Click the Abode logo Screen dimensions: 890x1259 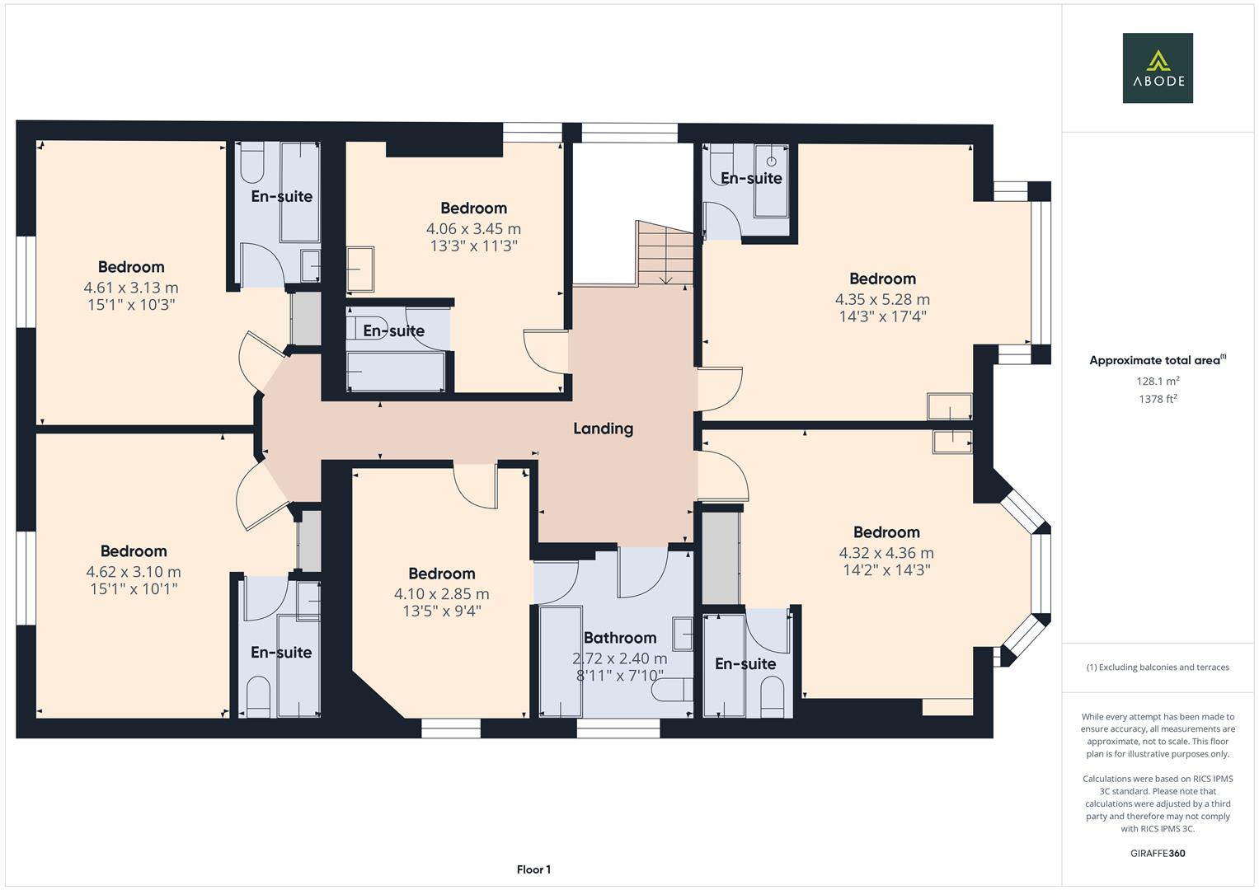pos(1157,68)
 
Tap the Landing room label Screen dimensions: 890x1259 pos(603,429)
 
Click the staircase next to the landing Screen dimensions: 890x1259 pos(665,253)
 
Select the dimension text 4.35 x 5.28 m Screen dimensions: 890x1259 pos(882,300)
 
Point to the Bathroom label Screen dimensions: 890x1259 pos(620,638)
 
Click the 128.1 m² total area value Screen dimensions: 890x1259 pos(1157,382)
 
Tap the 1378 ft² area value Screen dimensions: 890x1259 pos(1157,399)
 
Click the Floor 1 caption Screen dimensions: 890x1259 pos(533,869)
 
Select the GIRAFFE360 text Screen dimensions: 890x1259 pos(1157,853)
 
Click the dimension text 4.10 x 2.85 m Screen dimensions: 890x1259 pos(441,594)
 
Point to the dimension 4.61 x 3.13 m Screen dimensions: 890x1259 pos(131,288)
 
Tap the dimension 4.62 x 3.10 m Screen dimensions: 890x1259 pos(134,572)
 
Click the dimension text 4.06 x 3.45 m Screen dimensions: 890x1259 pos(473,229)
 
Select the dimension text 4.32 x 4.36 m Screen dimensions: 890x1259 pos(886,553)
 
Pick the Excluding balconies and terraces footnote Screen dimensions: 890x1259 pos(1157,667)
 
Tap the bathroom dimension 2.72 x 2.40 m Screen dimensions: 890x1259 pos(620,658)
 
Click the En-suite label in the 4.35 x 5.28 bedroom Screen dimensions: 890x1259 pos(751,178)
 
